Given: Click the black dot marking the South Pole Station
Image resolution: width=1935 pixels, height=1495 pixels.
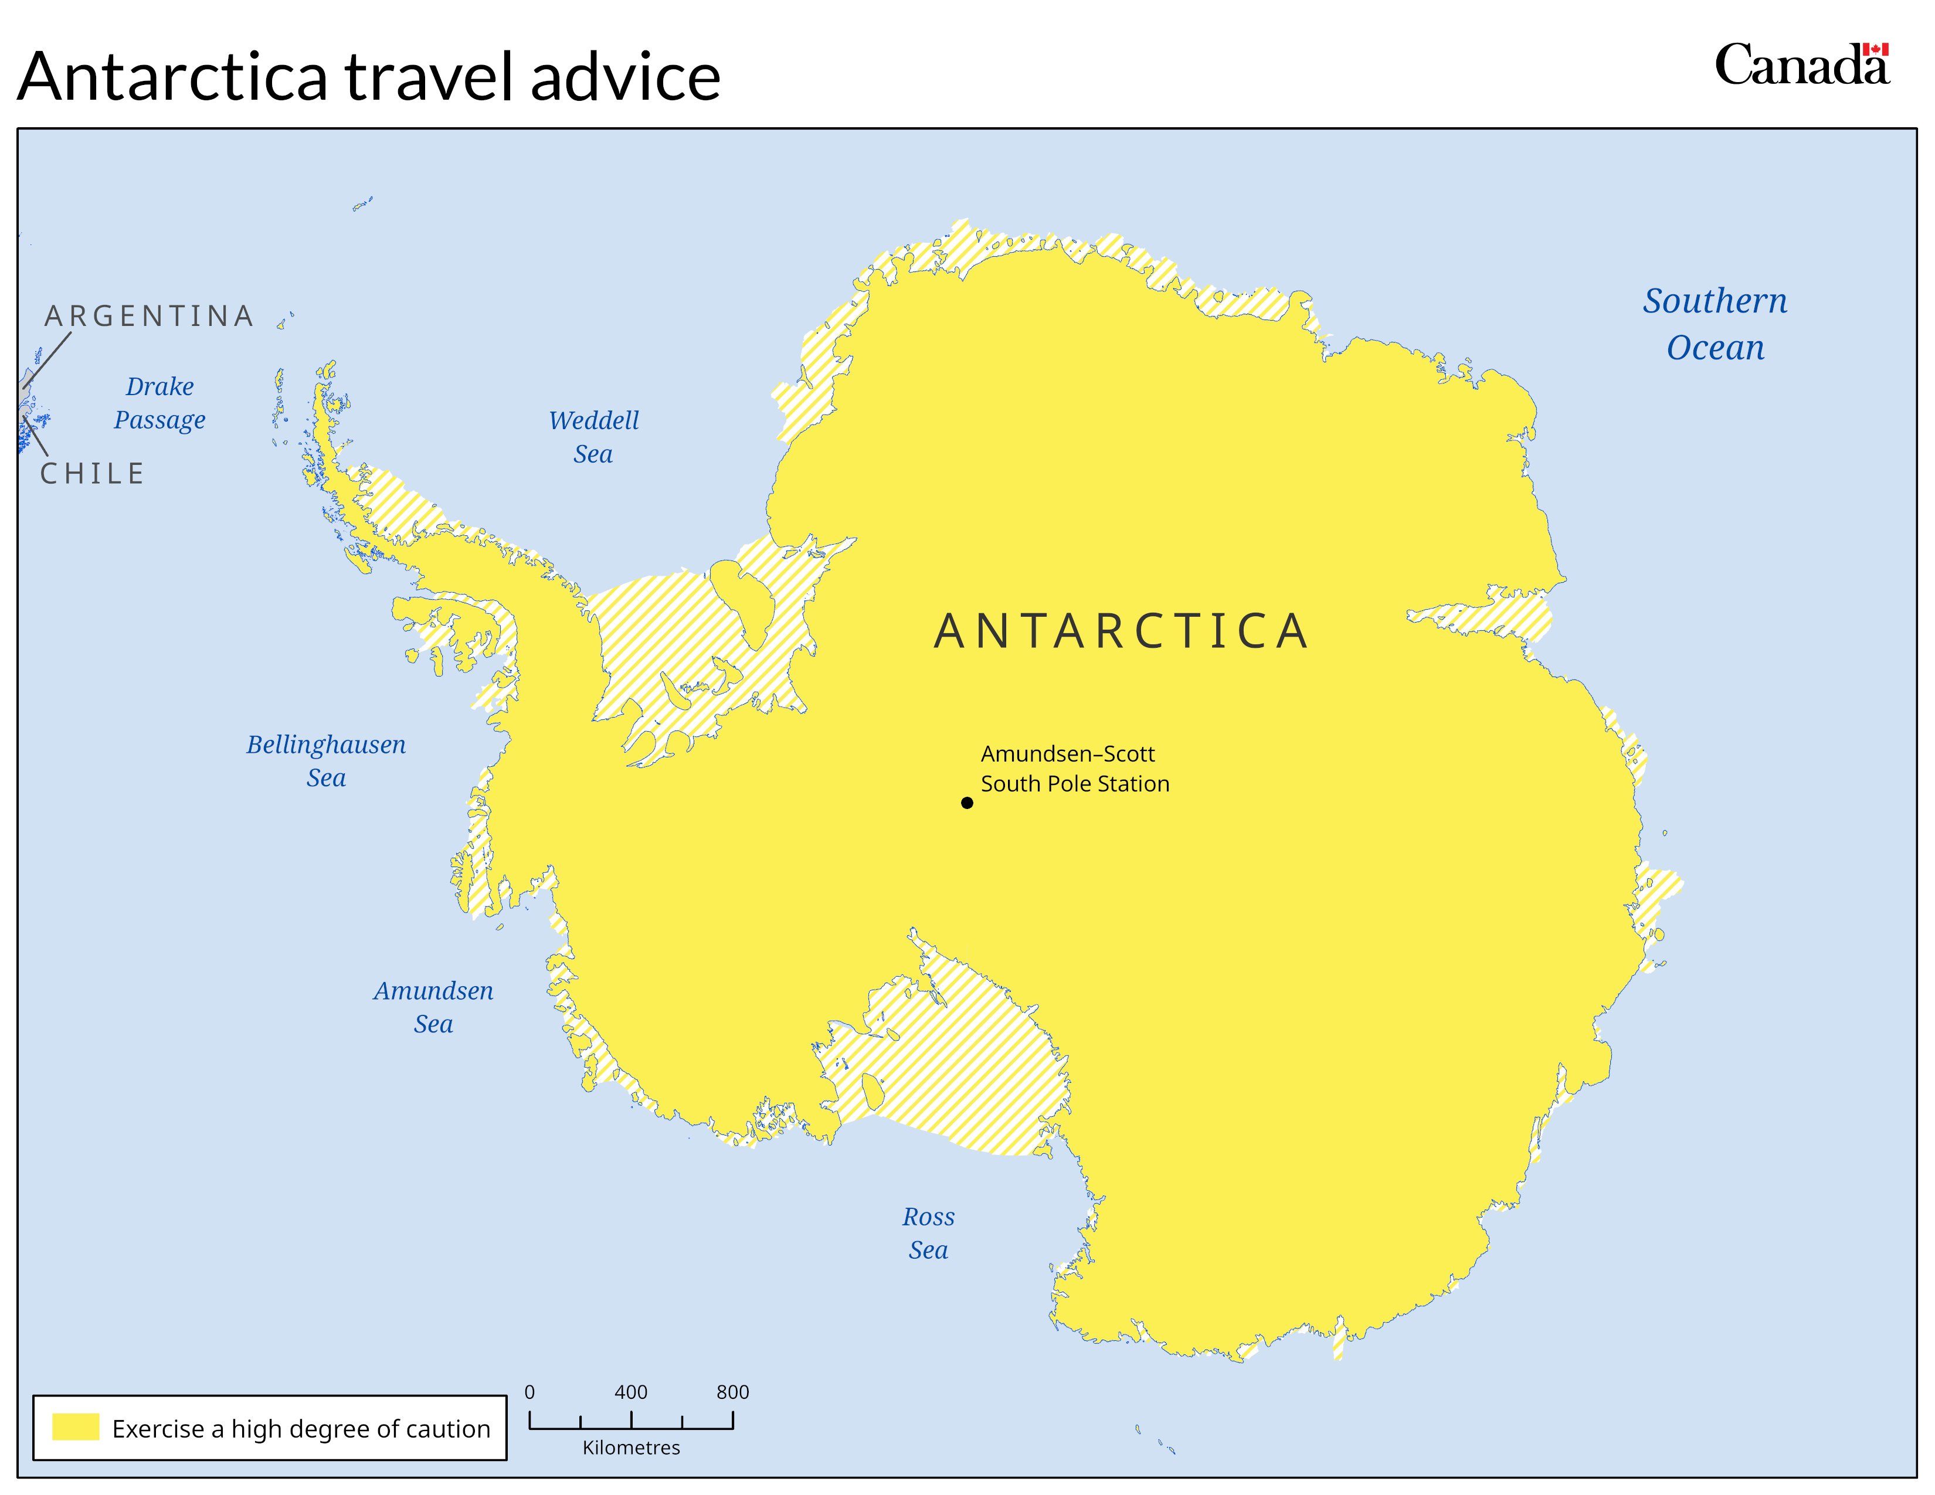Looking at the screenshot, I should (966, 803).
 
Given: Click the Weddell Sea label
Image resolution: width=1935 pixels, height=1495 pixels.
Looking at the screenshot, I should (593, 437).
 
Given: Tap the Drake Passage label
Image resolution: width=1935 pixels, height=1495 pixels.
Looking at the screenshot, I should (159, 402).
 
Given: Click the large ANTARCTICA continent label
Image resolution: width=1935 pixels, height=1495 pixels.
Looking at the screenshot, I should (1121, 631).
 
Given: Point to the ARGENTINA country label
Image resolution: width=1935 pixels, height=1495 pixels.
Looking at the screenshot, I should (149, 316).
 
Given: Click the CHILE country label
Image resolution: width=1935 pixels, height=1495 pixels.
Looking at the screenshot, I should (92, 474).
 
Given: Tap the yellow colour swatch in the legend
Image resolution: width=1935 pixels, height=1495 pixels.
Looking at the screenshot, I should (75, 1427).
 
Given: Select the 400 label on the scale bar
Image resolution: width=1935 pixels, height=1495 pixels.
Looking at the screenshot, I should (631, 1391).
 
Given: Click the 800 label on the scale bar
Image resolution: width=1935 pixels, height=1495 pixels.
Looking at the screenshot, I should (733, 1391).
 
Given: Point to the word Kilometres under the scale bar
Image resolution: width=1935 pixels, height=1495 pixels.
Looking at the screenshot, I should (631, 1447).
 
